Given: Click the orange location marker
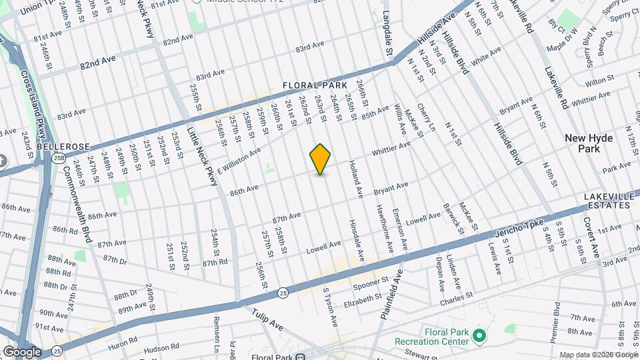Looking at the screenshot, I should pyautogui.click(x=321, y=159).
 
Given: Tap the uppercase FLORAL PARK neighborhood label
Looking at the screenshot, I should pyautogui.click(x=315, y=85).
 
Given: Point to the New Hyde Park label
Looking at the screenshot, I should pyautogui.click(x=589, y=143).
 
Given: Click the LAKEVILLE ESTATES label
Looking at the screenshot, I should pyautogui.click(x=607, y=201).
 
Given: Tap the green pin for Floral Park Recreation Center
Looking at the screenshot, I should pyautogui.click(x=479, y=335).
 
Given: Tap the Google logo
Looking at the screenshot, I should pyautogui.click(x=22, y=351).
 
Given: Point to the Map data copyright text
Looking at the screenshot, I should pyautogui.click(x=597, y=355).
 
